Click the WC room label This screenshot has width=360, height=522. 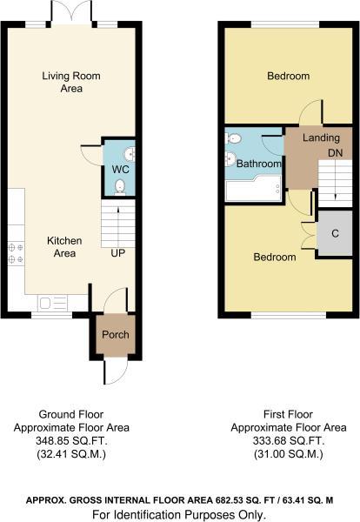[121, 169]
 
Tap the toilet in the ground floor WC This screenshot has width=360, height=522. [120, 187]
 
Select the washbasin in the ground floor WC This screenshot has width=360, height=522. [130, 155]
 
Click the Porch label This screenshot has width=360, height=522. [116, 335]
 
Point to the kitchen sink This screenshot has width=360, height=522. [53, 304]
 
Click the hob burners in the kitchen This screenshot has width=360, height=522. [16, 253]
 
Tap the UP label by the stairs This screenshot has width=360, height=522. [118, 253]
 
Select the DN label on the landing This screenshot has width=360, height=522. [335, 153]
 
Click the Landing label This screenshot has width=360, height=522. [321, 137]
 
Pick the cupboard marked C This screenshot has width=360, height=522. [335, 233]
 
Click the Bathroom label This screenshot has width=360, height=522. [259, 164]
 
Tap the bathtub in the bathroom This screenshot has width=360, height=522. [254, 191]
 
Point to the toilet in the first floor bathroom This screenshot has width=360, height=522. [232, 138]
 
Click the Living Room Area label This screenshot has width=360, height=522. [71, 82]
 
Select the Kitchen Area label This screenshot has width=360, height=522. [64, 247]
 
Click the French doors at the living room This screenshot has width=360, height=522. [71, 13]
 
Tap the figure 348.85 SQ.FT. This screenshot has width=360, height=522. [71, 441]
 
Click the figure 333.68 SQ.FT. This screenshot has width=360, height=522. [289, 441]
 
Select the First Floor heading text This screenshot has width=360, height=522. [288, 414]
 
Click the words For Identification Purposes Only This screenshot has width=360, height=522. [179, 515]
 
